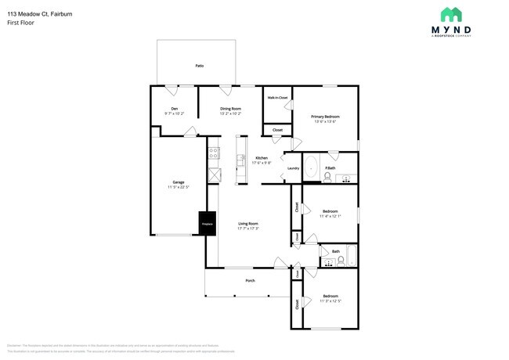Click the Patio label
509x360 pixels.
pyautogui.click(x=200, y=66)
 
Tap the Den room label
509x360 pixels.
pyautogui.click(x=174, y=109)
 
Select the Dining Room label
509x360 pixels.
pyautogui.click(x=230, y=109)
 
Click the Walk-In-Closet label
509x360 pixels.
pyautogui.click(x=277, y=98)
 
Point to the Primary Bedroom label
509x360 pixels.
pyautogui.click(x=325, y=117)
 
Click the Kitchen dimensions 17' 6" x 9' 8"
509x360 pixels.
pyautogui.click(x=262, y=163)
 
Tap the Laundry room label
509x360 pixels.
pyautogui.click(x=293, y=168)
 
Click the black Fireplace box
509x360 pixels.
pyautogui.click(x=207, y=223)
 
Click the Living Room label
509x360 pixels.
pyautogui.click(x=248, y=224)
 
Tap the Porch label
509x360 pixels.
pyautogui.click(x=250, y=280)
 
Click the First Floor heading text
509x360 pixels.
pyautogui.click(x=21, y=23)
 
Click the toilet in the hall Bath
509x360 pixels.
pyautogui.click(x=341, y=260)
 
